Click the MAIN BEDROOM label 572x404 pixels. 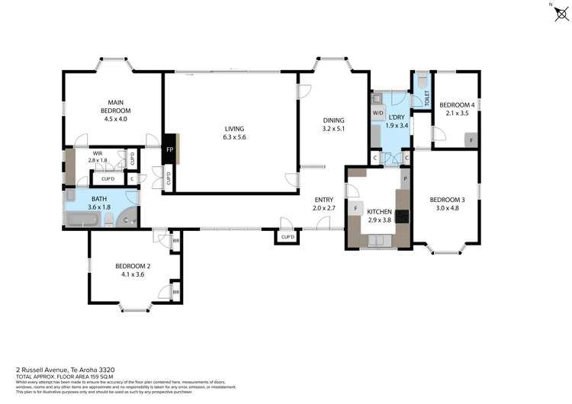(x=115, y=106)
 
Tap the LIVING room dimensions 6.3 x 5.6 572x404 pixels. (x=234, y=137)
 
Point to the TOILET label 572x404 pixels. (x=427, y=98)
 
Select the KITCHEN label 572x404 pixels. (x=379, y=211)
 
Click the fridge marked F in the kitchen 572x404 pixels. (x=355, y=208)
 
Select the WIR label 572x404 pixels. (x=98, y=153)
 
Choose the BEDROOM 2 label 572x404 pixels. (x=133, y=266)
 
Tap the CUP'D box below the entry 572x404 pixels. (x=288, y=237)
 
